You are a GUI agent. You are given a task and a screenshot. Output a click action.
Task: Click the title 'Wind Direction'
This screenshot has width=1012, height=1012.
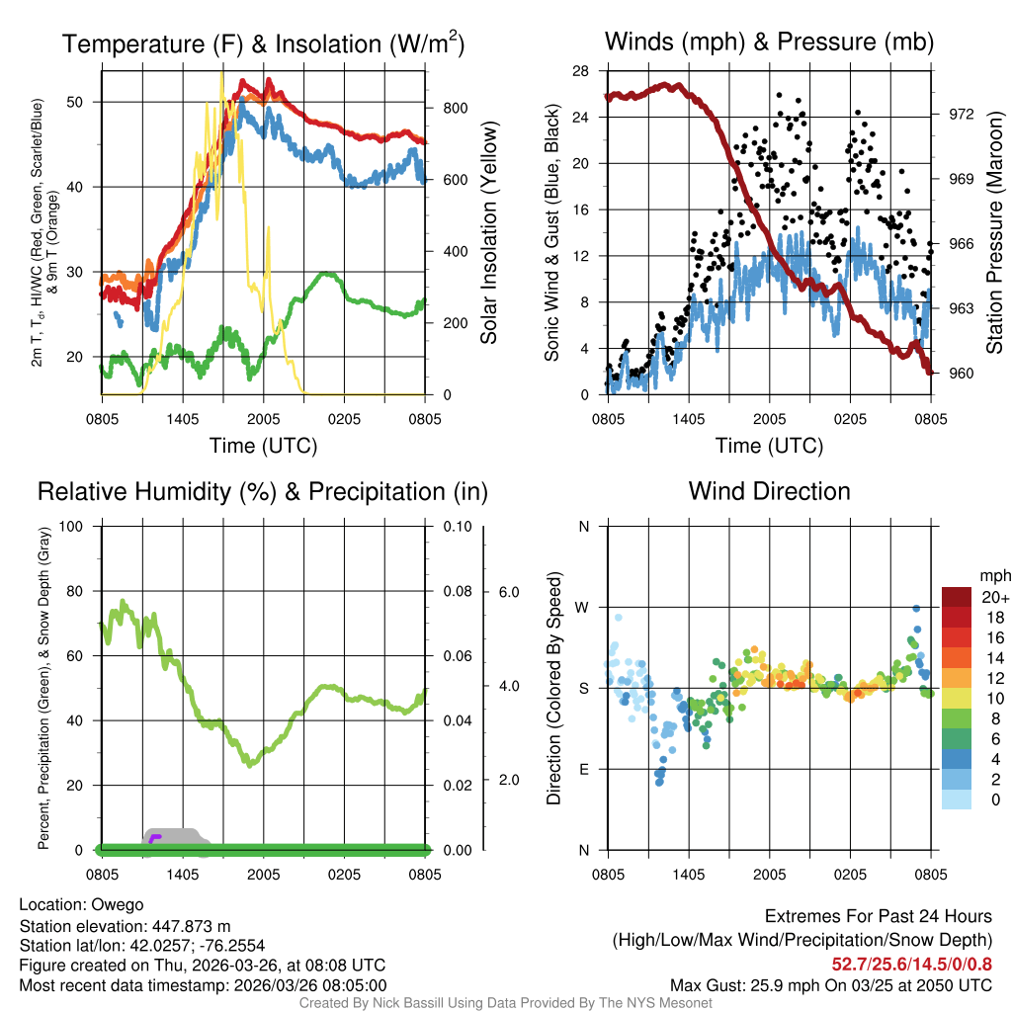769,491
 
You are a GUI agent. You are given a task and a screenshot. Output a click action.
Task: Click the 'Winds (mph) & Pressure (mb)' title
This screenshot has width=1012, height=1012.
769,42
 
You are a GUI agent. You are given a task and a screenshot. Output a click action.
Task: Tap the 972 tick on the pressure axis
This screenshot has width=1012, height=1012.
962,114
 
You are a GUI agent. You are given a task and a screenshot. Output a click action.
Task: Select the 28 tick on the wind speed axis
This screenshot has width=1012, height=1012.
581,71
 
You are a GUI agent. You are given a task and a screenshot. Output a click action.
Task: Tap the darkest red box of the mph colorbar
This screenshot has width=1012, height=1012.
957,597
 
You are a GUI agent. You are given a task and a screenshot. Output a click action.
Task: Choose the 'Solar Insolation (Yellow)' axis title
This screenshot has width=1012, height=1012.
488,233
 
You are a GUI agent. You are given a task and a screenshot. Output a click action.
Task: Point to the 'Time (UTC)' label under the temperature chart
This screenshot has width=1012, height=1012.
264,446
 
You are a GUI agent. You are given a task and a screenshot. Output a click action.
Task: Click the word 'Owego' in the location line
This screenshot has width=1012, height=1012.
118,904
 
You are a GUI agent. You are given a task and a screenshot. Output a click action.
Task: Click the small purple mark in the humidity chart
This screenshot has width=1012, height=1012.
155,838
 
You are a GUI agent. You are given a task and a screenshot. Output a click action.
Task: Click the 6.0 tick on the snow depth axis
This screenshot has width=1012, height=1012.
508,592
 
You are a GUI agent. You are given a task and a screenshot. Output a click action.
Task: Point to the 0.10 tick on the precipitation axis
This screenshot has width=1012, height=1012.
456,526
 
